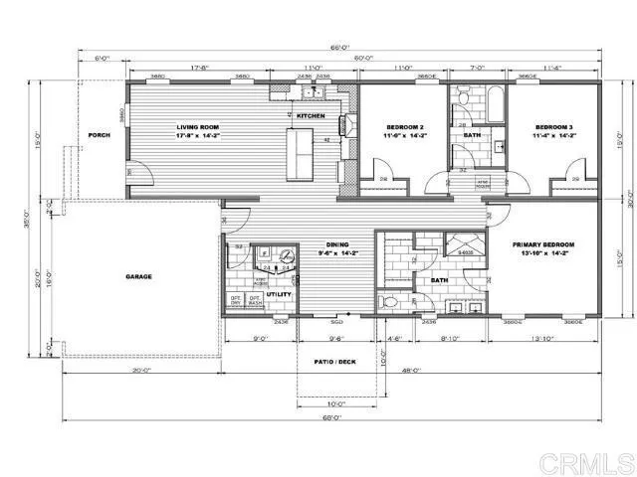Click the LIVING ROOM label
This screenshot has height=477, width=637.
[197, 127]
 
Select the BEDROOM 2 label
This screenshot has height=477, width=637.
[405, 127]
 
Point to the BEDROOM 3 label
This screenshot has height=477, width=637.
[553, 127]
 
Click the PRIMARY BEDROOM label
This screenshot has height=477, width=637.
[540, 243]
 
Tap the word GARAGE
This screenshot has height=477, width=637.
[138, 276]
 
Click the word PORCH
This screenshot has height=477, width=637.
[99, 135]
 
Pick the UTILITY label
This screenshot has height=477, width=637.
[277, 295]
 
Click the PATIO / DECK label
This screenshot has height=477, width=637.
[334, 362]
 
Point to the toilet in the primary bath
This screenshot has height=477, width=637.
[391, 301]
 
